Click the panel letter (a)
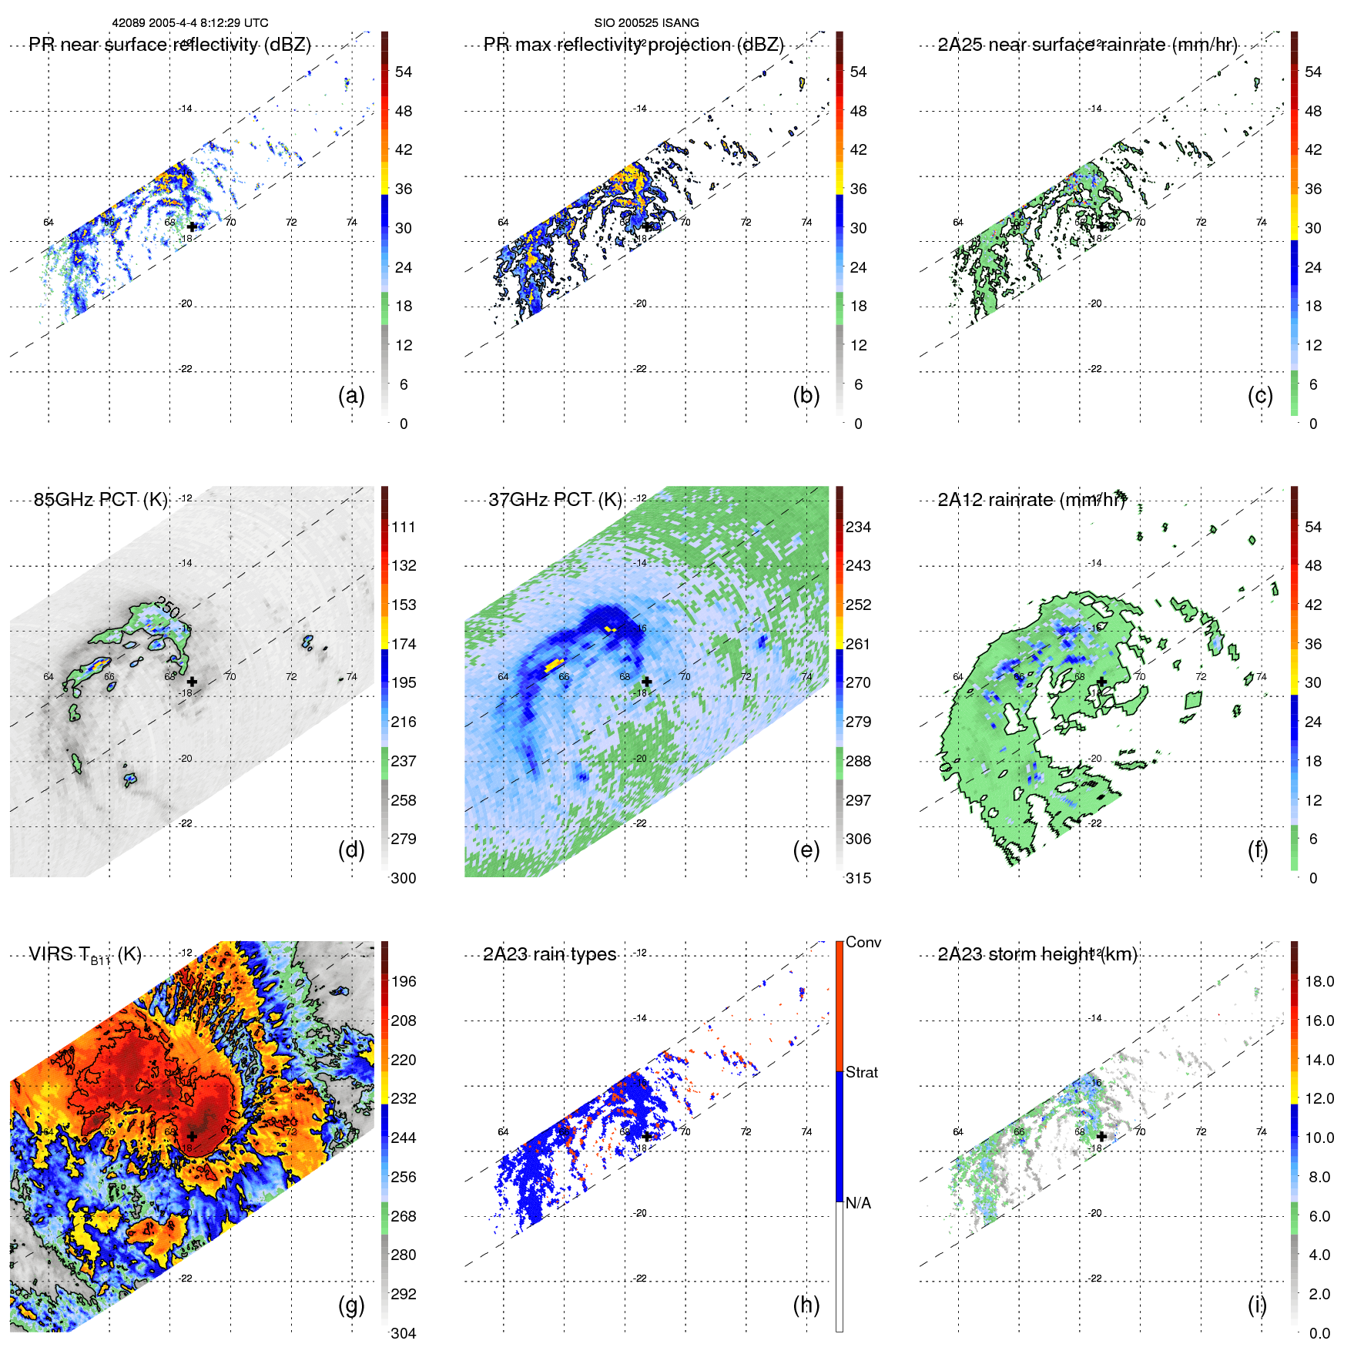(351, 395)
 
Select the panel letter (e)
(806, 850)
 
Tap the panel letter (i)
(1257, 1305)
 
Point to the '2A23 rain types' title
(549, 954)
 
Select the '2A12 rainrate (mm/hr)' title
(1031, 499)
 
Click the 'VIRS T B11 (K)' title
(85, 955)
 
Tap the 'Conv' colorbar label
(863, 942)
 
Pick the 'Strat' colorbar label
(861, 1072)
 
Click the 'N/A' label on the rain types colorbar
(858, 1203)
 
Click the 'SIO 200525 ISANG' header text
(646, 22)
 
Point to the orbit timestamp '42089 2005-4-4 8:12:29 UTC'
(190, 22)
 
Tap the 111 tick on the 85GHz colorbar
(403, 527)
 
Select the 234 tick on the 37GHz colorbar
(858, 527)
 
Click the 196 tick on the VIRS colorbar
(403, 981)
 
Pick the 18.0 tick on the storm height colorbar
(1319, 981)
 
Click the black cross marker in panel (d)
(192, 682)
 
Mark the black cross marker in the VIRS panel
(192, 1136)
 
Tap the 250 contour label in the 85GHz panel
(167, 607)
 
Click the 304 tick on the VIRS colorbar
(403, 1333)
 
